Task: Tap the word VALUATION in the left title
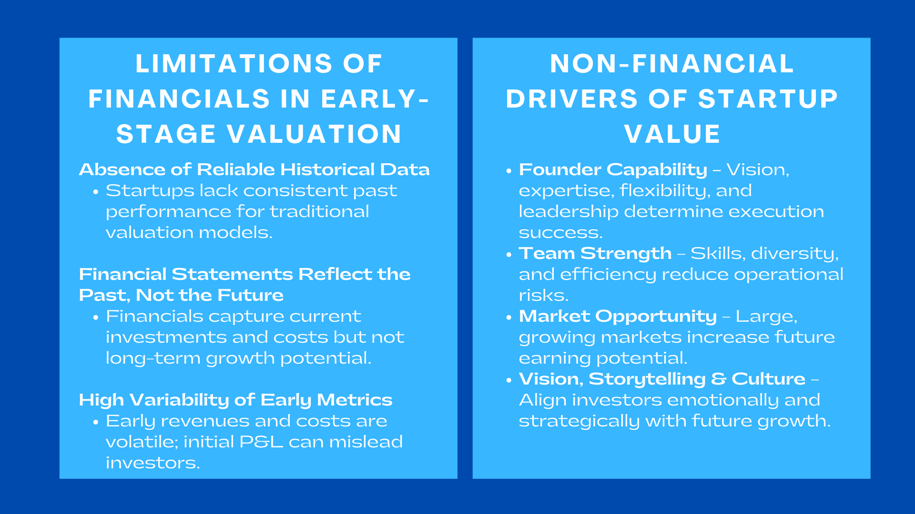pos(314,134)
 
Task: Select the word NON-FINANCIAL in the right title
pos(671,64)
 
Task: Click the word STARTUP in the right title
pos(768,99)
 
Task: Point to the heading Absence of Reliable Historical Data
pos(254,169)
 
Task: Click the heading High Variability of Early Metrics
pos(235,400)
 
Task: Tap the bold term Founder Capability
pos(613,169)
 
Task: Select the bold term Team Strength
pos(595,253)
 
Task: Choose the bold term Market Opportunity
pos(618,316)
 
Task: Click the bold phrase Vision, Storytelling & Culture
pos(662,379)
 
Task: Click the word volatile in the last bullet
pos(142,442)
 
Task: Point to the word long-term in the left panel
pos(153,358)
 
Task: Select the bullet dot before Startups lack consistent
pos(96,191)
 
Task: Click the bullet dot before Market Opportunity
pos(508,317)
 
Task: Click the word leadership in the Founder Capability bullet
pos(568,211)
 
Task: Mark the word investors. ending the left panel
pos(152,463)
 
